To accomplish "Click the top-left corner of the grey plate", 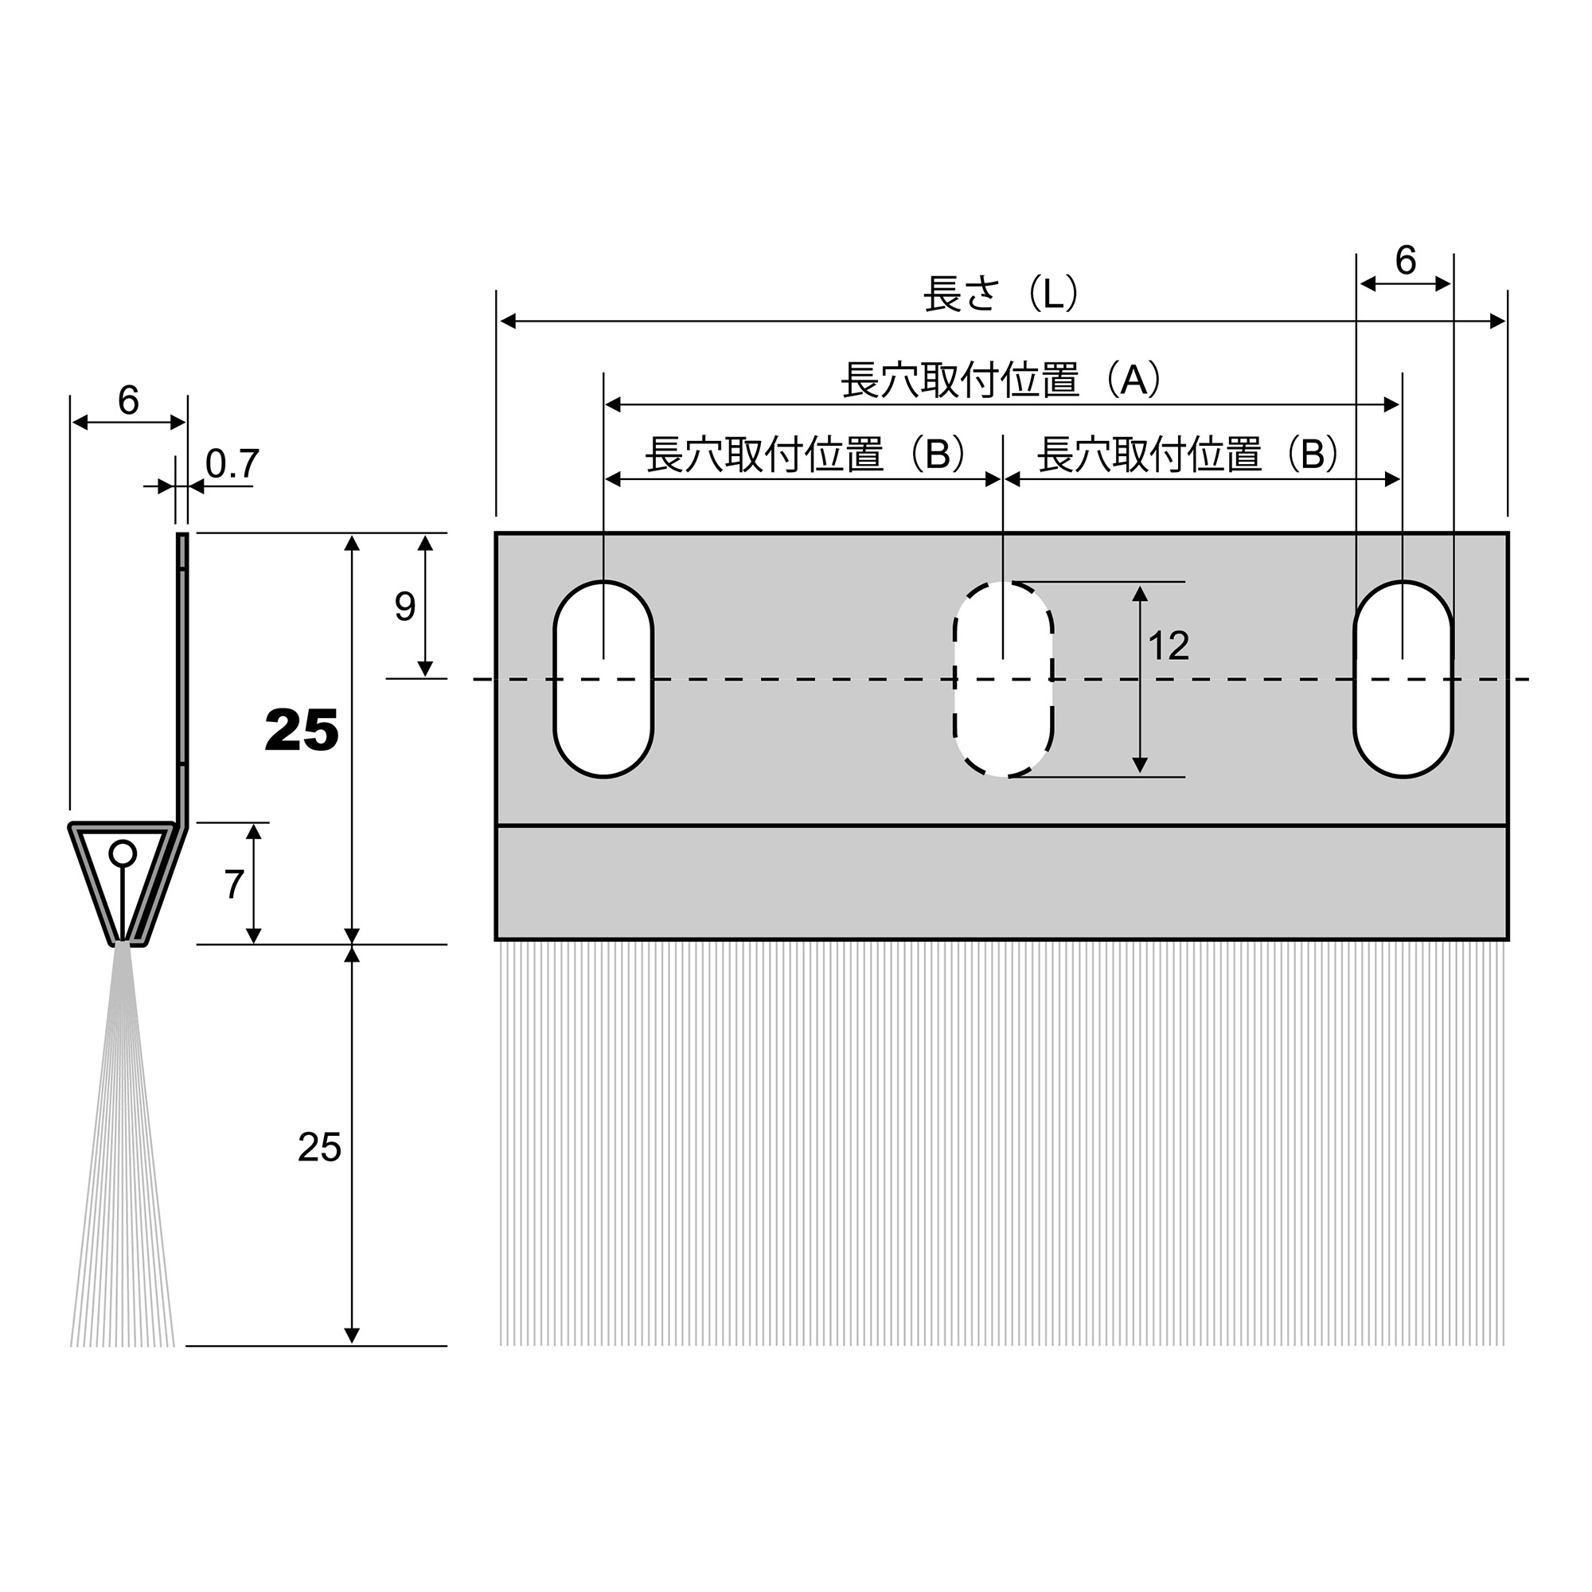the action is coord(496,534).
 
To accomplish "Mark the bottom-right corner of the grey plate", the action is coord(1508,939).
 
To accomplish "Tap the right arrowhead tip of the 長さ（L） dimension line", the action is coord(1506,322).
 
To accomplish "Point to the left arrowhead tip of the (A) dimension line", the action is coord(605,404).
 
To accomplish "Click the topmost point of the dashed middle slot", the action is coord(1003,582).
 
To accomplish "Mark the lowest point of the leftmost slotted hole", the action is coord(604,777).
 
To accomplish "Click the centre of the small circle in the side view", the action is coord(123,853).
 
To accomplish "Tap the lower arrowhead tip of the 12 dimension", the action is coord(1140,774).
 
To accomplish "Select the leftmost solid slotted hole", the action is coord(604,679).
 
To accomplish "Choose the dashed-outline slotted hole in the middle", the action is coord(1003,679).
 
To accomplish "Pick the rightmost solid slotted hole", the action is coord(1403,679).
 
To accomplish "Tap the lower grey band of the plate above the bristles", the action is coord(1002,883).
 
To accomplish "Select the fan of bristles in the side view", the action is coord(122,1145).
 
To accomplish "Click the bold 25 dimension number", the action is coord(302,731).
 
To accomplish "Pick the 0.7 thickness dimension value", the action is coord(232,464).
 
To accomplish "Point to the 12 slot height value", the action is coord(1169,646).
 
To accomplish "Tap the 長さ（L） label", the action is coord(1001,294).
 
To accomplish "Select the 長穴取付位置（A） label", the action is coord(1001,380).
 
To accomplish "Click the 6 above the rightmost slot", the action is coord(1405,260).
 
